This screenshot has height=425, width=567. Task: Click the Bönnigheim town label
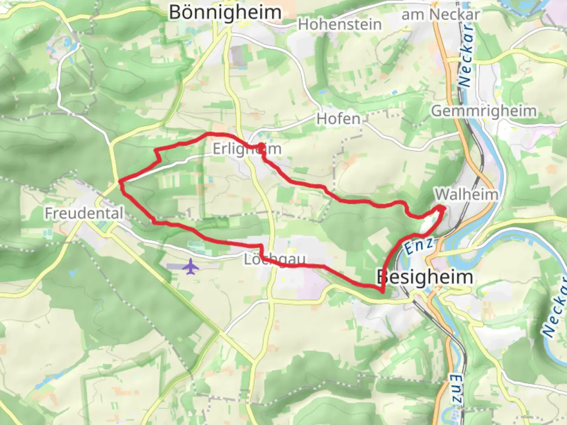coord(225,13)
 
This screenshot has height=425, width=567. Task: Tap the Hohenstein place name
coord(340,25)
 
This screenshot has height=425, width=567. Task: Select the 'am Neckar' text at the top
coord(440,15)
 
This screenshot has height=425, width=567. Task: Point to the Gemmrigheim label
coord(484,111)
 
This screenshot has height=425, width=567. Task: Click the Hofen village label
coord(338,119)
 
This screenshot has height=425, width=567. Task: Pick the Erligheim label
coord(247,149)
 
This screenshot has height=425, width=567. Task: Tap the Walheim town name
coord(466,194)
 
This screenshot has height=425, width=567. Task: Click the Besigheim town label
coord(424,277)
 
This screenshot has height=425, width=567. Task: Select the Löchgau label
coord(274,259)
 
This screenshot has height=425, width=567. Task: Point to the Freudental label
coord(84,213)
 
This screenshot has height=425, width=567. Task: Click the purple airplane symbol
coord(191,266)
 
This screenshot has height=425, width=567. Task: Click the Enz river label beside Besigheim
coord(418,246)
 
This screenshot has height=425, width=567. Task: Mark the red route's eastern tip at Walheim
coord(443,208)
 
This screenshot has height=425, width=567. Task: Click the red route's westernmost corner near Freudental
coord(120,181)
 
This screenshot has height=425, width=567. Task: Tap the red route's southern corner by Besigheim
coord(382,291)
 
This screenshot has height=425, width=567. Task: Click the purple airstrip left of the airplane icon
coord(174,266)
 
